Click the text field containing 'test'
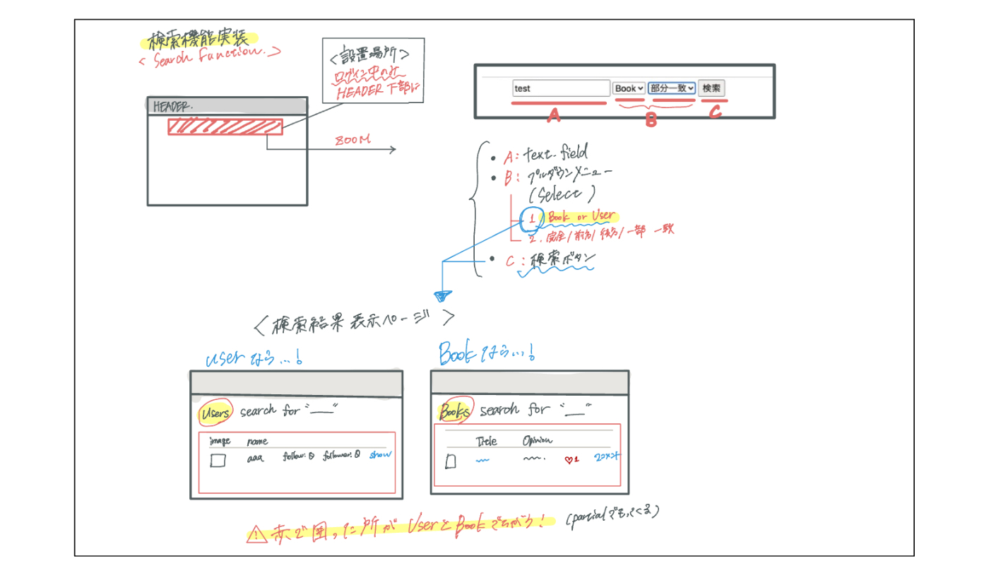pyautogui.click(x=561, y=88)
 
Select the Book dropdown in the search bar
pyautogui.click(x=629, y=88)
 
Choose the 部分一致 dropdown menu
pyautogui.click(x=672, y=88)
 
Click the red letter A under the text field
pyautogui.click(x=555, y=115)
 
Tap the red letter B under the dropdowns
pyautogui.click(x=651, y=121)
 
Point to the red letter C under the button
pyautogui.click(x=715, y=112)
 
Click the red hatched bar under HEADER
pyautogui.click(x=225, y=126)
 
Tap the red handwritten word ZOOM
pyautogui.click(x=353, y=140)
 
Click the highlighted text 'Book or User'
pyautogui.click(x=581, y=217)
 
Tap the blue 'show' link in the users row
pyautogui.click(x=379, y=454)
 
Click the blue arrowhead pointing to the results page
pyautogui.click(x=443, y=295)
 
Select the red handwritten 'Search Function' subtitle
pyautogui.click(x=210, y=57)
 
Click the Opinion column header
pyautogui.click(x=538, y=441)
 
